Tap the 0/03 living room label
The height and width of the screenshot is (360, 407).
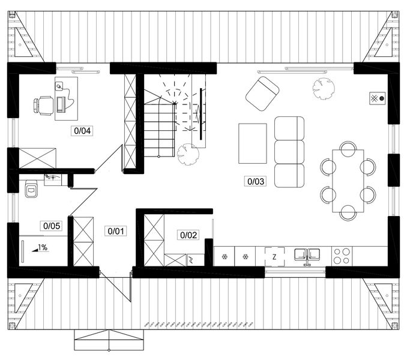(x=255, y=180)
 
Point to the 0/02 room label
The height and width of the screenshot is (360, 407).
(x=188, y=235)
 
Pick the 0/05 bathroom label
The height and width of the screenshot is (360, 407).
(x=50, y=226)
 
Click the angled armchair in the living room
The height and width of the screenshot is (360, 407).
(x=262, y=94)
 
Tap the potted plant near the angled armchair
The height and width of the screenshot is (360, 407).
(x=323, y=88)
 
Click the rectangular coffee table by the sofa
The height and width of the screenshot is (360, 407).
(x=253, y=143)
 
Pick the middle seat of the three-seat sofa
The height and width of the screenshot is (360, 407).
(x=289, y=151)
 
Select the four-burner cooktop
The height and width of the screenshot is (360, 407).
(x=342, y=256)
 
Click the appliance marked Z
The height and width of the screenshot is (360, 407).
(x=274, y=256)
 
